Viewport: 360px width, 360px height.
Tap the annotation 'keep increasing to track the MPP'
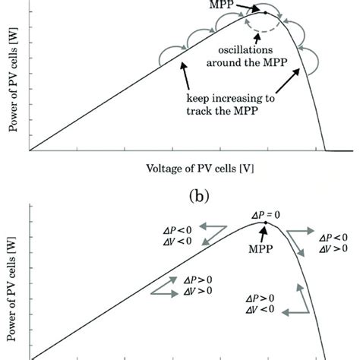(231, 104)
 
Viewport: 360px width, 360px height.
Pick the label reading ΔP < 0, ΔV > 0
(333, 243)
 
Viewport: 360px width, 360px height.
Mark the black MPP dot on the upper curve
(265, 12)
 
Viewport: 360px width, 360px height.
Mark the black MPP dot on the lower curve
(265, 223)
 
